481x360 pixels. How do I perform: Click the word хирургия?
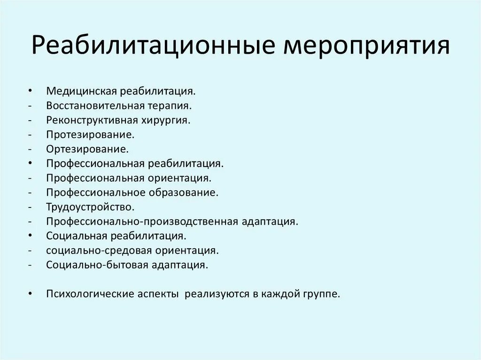[168, 120]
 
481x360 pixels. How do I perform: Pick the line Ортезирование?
[87, 149]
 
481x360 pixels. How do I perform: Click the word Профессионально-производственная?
[143, 221]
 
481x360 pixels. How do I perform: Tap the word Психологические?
[90, 294]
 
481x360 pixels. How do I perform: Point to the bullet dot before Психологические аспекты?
[30, 294]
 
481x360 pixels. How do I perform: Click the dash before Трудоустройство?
[30, 207]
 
